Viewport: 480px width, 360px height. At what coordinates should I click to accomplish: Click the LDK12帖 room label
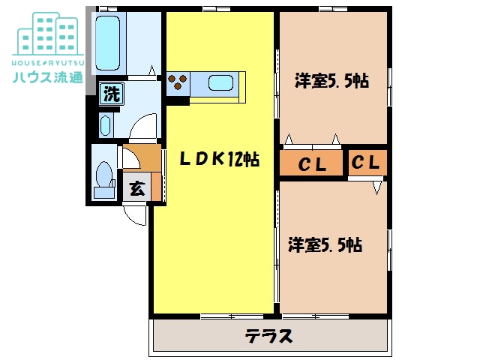coord(219,158)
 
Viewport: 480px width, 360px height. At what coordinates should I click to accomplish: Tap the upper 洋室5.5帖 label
coord(331,81)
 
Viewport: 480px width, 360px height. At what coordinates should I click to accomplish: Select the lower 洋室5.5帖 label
coord(325,244)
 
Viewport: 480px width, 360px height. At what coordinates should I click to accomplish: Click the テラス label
coord(268,336)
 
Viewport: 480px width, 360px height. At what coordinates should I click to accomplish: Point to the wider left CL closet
coord(311,163)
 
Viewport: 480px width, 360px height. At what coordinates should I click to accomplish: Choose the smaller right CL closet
coord(367,163)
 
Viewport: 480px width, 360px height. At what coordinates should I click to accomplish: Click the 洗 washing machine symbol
coord(112,94)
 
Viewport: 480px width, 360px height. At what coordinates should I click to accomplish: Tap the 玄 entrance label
coord(136,188)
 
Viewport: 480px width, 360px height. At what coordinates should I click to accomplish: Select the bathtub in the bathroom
coord(107,43)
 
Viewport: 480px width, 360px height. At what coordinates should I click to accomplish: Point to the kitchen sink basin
coord(220,83)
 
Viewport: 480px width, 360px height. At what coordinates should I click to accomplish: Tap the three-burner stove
coord(178,82)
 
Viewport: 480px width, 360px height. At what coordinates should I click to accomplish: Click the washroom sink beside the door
coord(105,125)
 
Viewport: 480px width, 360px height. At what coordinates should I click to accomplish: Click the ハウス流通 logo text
coord(48,76)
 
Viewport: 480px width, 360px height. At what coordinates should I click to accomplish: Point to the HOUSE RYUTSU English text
coord(48,63)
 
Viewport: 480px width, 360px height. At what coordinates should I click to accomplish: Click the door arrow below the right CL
coord(376,188)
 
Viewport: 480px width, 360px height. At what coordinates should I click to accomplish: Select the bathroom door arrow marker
coord(151,70)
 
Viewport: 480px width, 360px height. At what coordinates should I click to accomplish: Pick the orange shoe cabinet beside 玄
coord(156,187)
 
